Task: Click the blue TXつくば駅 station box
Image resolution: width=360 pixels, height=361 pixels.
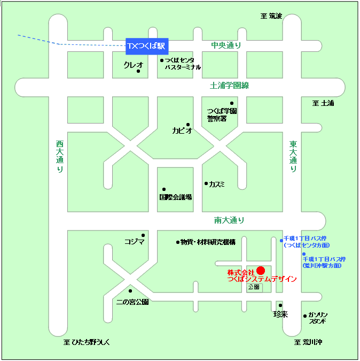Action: (x=146, y=46)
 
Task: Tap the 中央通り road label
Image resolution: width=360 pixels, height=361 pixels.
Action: (x=225, y=45)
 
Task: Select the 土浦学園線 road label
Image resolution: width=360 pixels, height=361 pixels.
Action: (x=230, y=85)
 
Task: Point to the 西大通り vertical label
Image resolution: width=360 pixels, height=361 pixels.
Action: (x=59, y=156)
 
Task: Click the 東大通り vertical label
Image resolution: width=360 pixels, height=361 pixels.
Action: (x=293, y=156)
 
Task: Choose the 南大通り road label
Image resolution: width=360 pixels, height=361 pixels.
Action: (x=229, y=220)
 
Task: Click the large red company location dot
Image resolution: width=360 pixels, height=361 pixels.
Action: (x=261, y=270)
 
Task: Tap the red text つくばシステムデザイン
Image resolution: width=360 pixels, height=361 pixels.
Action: (x=262, y=279)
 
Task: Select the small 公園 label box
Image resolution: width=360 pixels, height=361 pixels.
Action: (x=254, y=287)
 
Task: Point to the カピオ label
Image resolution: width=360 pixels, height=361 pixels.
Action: (x=182, y=130)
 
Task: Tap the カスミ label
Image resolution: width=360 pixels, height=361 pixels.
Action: (x=217, y=184)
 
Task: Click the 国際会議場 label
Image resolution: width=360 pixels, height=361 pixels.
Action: (x=176, y=197)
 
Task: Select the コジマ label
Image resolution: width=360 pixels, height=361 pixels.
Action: (x=134, y=242)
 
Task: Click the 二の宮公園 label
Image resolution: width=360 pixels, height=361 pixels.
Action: (x=132, y=302)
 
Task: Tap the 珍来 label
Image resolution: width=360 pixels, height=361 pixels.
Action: (x=280, y=314)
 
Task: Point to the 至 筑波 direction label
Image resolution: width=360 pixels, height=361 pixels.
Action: (x=271, y=16)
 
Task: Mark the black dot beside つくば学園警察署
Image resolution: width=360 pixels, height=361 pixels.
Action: (x=232, y=103)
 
